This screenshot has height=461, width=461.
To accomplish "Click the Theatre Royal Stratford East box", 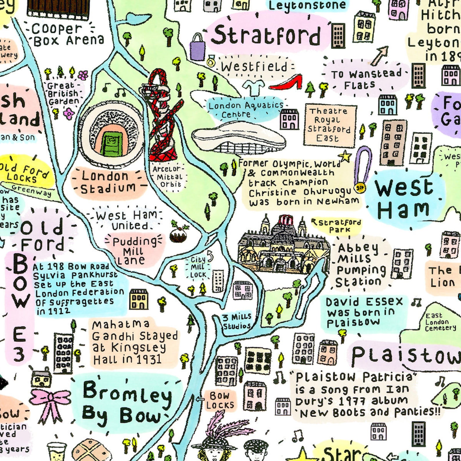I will click(x=329, y=125).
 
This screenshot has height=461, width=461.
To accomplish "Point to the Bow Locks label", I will click(x=220, y=400).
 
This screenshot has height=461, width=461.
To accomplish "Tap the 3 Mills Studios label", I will click(x=237, y=321).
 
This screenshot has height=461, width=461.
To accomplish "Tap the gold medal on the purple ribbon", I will click(x=360, y=188).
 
